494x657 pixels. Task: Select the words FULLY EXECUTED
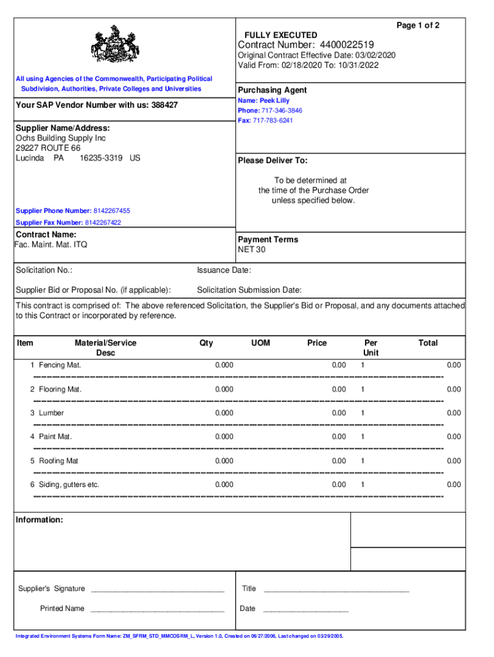(280, 35)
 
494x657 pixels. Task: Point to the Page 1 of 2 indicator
(418, 25)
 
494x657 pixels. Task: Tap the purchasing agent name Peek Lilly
(274, 101)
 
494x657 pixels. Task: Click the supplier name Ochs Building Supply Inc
(60, 138)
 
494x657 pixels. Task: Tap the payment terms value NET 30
(251, 250)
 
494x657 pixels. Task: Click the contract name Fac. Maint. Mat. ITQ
(51, 244)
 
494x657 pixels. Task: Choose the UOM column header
(260, 343)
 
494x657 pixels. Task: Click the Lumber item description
(51, 413)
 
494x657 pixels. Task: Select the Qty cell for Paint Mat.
(224, 437)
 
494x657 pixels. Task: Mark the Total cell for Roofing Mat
(454, 461)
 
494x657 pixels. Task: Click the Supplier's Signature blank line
(157, 589)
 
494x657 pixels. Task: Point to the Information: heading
(39, 520)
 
